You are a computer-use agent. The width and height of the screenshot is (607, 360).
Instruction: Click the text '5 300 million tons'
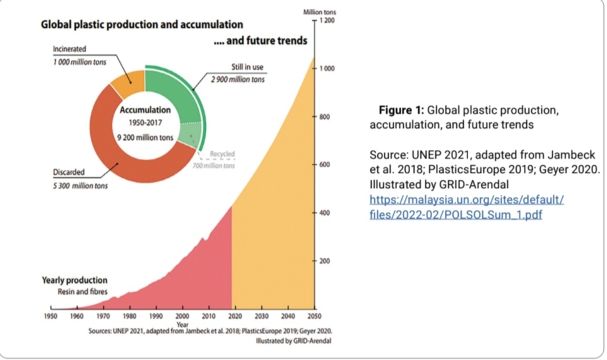point(80,186)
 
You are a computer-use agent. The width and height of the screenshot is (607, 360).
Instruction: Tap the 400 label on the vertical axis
point(324,213)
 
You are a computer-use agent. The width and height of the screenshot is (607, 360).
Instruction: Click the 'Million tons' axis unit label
point(320,13)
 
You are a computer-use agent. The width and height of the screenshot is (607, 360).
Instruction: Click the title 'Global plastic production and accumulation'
point(142,25)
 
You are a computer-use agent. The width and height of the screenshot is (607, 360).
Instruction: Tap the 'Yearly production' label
point(74,281)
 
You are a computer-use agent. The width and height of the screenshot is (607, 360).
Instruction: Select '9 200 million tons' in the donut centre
point(146,137)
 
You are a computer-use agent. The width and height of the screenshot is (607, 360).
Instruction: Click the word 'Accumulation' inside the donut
point(146,110)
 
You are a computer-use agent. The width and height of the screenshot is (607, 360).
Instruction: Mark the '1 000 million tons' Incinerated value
point(80,62)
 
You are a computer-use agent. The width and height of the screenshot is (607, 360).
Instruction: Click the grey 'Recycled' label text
point(222,154)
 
